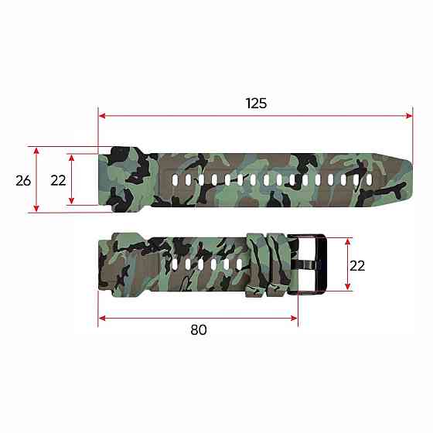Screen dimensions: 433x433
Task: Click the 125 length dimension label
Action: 256,103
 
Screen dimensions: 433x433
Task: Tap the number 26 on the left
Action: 23,180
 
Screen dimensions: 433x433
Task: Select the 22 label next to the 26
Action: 58,180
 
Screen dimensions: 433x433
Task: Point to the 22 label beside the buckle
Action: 357,264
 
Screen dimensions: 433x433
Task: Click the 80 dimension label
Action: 198,329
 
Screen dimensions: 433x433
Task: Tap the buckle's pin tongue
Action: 305,265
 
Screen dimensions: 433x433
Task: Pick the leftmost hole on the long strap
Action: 176,180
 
